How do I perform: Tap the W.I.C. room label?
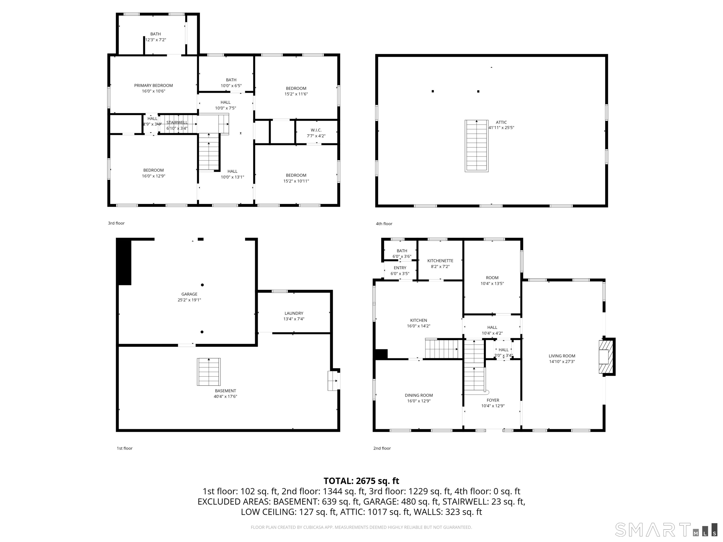click(316, 130)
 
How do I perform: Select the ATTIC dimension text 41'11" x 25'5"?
click(501, 128)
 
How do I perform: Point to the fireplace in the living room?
click(606, 357)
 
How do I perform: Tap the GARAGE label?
click(189, 294)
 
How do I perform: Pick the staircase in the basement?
click(209, 372)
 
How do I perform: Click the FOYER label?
click(493, 400)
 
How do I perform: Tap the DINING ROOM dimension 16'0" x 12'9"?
click(419, 401)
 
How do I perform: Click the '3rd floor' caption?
click(116, 223)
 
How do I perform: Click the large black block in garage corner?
click(124, 262)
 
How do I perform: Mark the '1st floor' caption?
click(125, 448)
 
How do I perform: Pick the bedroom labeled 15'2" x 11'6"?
click(296, 91)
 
